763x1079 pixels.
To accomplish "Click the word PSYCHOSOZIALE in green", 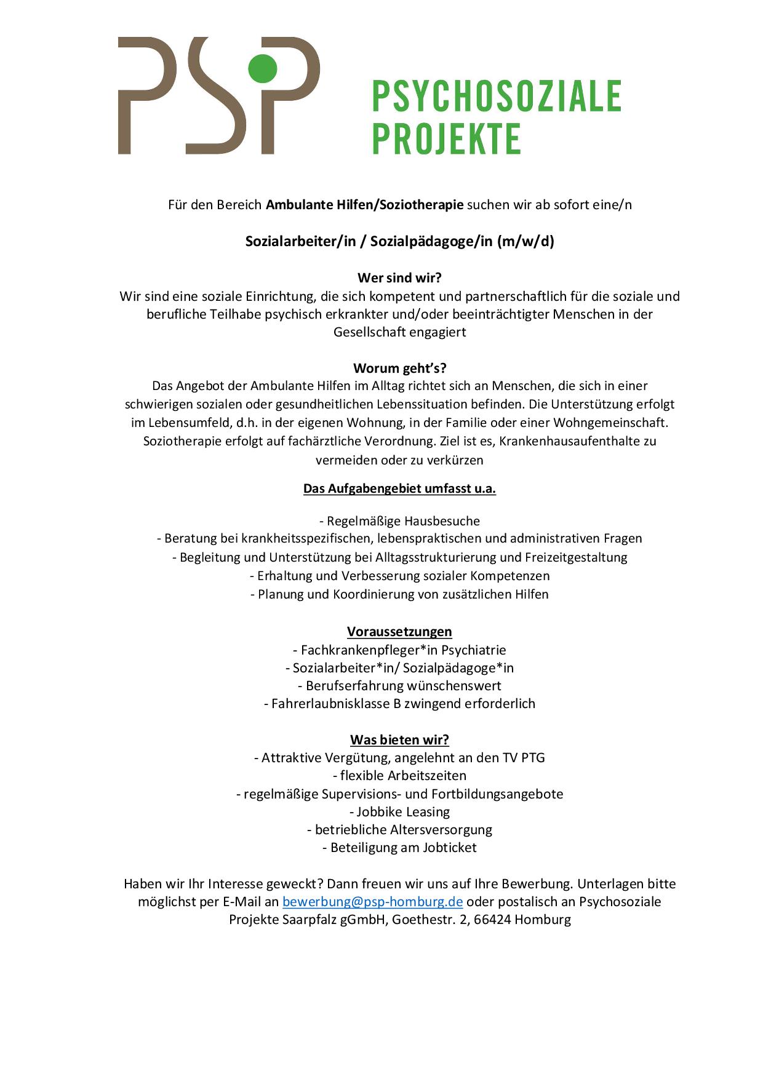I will pyautogui.click(x=497, y=96).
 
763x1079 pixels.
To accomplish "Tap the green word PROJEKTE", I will pyautogui.click(x=447, y=139).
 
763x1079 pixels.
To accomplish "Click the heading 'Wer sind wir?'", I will pyautogui.click(x=399, y=278).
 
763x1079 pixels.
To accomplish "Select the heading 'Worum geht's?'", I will pyautogui.click(x=399, y=368).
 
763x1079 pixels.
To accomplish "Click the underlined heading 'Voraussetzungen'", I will pyautogui.click(x=399, y=632).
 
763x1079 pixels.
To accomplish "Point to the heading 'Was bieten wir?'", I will pyautogui.click(x=399, y=739).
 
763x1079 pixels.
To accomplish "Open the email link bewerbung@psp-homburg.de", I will pyautogui.click(x=372, y=902).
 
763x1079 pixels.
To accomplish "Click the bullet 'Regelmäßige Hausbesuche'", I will pyautogui.click(x=402, y=521).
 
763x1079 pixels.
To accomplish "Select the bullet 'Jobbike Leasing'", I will pyautogui.click(x=403, y=812).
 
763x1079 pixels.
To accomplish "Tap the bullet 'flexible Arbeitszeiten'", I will pyautogui.click(x=403, y=776).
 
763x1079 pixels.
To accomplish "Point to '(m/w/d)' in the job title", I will pyautogui.click(x=525, y=241).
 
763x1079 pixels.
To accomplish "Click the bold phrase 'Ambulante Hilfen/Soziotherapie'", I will pyautogui.click(x=364, y=205).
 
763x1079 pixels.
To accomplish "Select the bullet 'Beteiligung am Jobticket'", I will pyautogui.click(x=403, y=848).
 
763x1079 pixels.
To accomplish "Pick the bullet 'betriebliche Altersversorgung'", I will pyautogui.click(x=403, y=830).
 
